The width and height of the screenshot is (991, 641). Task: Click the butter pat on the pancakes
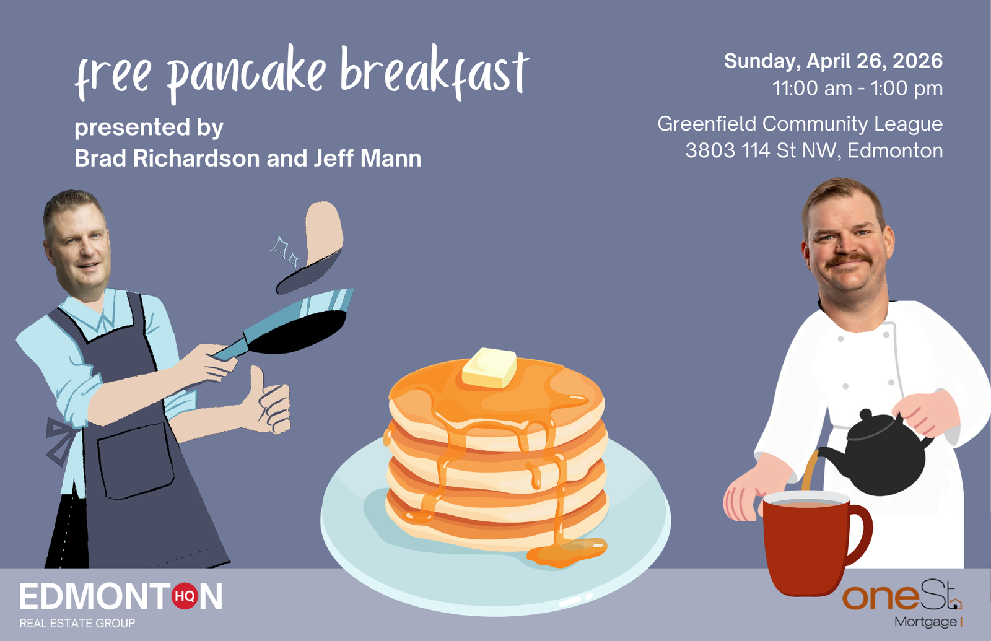[x=489, y=368]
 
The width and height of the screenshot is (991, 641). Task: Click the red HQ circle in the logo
[x=185, y=596]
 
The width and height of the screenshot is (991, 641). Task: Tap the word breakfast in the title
[x=434, y=71]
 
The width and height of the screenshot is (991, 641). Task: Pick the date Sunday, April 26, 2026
[x=833, y=61]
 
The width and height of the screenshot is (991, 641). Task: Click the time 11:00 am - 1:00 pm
[x=857, y=88]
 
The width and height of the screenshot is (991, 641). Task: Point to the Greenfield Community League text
[x=800, y=124]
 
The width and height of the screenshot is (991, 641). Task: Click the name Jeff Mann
[x=367, y=159]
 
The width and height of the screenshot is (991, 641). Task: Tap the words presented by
[x=149, y=128]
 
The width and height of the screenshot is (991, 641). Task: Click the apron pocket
[x=135, y=460]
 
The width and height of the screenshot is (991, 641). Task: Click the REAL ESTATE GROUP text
[x=77, y=623]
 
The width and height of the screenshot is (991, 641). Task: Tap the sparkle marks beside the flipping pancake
[x=284, y=251]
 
